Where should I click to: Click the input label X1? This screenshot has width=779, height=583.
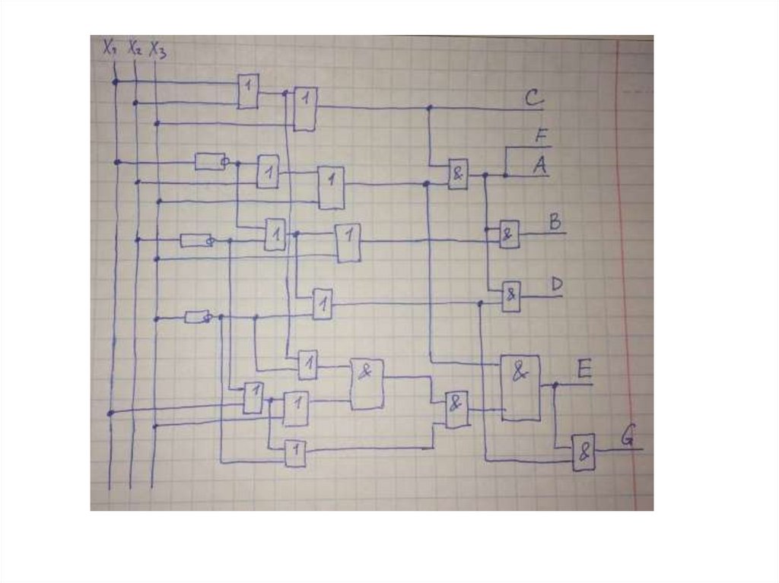pos(109,48)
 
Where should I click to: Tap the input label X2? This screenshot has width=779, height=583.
pos(135,48)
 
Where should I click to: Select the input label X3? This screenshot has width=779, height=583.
pos(158,49)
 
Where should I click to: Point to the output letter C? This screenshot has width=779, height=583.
pos(533,98)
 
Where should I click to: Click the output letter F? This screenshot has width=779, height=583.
pos(541,137)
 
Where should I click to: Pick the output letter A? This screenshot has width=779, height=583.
pos(540,165)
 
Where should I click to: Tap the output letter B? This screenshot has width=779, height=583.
pos(555,222)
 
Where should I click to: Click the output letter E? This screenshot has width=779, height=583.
pos(583,370)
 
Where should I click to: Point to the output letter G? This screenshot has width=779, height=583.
pos(627,437)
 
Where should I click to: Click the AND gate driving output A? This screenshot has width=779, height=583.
pos(457,174)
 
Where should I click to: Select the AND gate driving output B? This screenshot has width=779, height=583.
pos(508,234)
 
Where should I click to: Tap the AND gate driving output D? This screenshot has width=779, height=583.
pos(511,295)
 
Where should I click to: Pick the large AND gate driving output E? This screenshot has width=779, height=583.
pos(520,387)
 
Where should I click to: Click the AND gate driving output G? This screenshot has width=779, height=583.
pos(583,452)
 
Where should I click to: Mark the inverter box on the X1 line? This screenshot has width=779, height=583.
pos(209,161)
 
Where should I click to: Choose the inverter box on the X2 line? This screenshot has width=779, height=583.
pos(196,240)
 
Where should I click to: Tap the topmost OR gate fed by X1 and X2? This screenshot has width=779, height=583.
pos(247,91)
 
